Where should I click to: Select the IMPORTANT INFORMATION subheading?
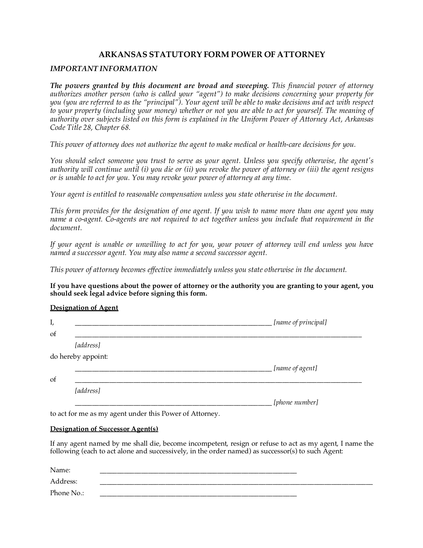coord(104,69)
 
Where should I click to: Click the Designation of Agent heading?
coord(84,308)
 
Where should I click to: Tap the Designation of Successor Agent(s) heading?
coord(104,429)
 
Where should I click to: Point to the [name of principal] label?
coord(300,322)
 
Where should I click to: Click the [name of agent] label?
coord(295,368)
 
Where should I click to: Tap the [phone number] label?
coord(296,403)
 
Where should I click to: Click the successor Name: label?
coord(60,470)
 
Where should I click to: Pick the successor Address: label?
coord(64,482)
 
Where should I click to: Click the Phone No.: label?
coord(67,493)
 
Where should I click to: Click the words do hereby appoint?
coord(79,357)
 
